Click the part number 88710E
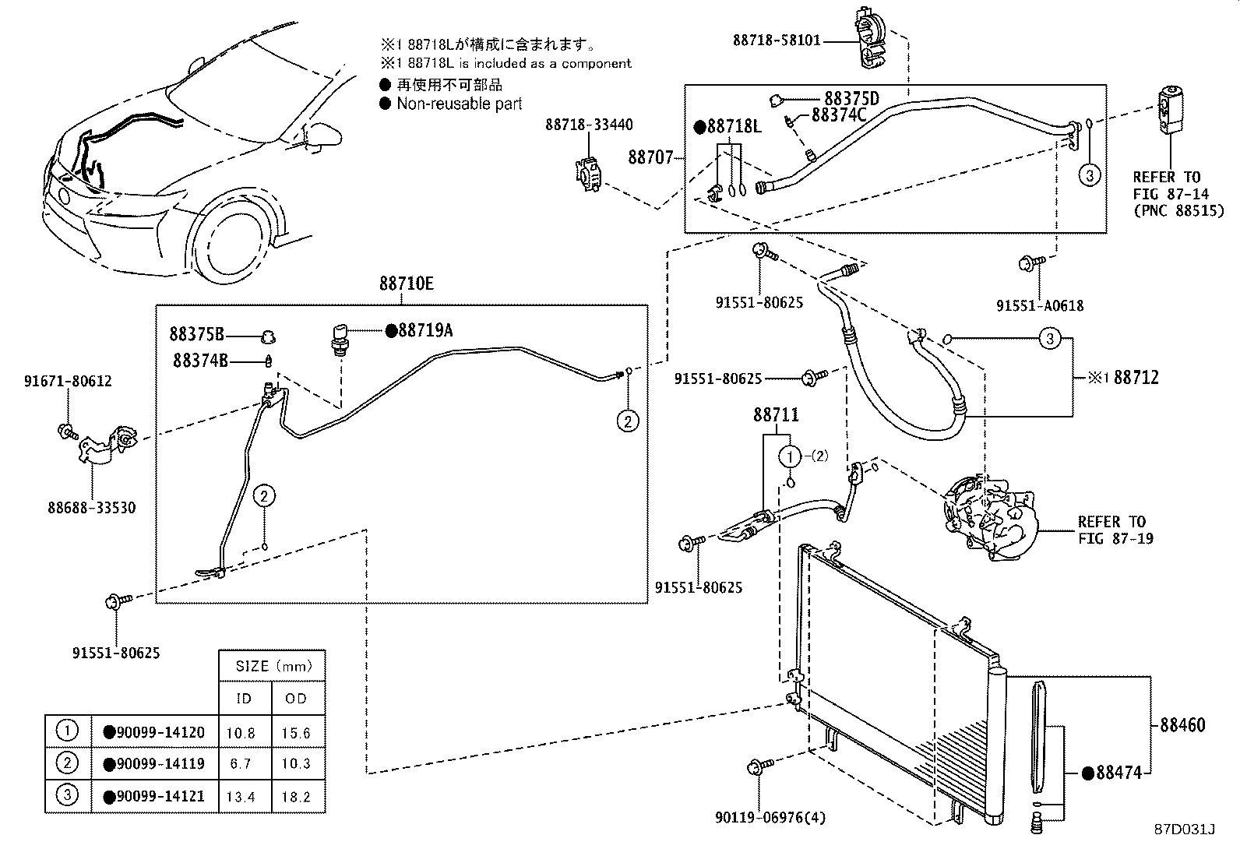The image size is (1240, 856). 407,284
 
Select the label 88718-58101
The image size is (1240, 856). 777,40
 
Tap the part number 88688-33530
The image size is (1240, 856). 91,508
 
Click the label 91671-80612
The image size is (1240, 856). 68,381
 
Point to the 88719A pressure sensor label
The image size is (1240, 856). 424,330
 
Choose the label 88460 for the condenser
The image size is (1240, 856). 1182,724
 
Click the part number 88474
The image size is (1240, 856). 1118,773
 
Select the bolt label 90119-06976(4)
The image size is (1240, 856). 770,817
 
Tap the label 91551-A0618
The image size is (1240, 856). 1040,306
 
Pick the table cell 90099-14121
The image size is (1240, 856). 160,795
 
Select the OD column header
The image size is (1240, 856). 296,699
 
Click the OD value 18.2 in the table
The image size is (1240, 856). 296,795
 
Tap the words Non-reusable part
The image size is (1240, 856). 459,104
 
